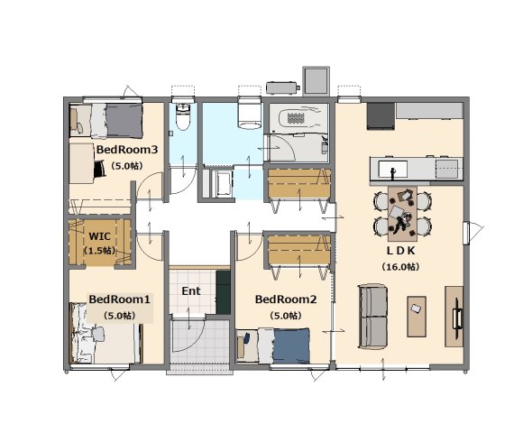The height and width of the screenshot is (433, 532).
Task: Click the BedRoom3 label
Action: pyautogui.click(x=127, y=150)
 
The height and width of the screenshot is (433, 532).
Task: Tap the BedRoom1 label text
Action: pyautogui.click(x=119, y=299)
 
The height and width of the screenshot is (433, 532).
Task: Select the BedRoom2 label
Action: pyautogui.click(x=286, y=299)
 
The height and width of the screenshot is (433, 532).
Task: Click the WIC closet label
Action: pyautogui.click(x=99, y=235)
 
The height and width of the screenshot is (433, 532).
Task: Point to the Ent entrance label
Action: pyautogui.click(x=191, y=290)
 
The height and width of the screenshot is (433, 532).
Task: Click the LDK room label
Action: pyautogui.click(x=400, y=251)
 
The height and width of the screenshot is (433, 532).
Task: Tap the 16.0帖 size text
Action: pyautogui.click(x=400, y=267)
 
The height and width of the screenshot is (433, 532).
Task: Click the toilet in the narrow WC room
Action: pyautogui.click(x=183, y=117)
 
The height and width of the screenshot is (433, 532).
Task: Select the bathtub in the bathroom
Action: pyautogui.click(x=298, y=118)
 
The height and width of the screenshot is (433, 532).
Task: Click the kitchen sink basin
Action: pyautogui.click(x=393, y=170)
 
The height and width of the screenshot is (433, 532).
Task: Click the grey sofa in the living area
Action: pyautogui.click(x=373, y=317)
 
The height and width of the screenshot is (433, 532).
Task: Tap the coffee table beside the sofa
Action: pyautogui.click(x=417, y=317)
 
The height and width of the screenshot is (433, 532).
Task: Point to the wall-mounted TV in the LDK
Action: pyautogui.click(x=456, y=314)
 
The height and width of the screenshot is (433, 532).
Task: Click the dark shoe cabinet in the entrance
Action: pyautogui.click(x=223, y=292)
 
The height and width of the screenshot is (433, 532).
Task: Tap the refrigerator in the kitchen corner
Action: pyautogui.click(x=381, y=116)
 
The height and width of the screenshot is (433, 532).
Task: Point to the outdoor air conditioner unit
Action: pyautogui.click(x=282, y=88)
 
